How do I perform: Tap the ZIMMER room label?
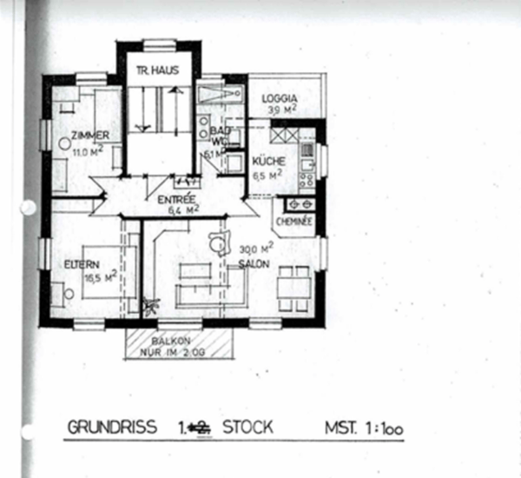(x=90, y=136)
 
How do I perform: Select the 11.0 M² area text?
(x=88, y=151)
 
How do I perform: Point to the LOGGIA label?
(x=283, y=98)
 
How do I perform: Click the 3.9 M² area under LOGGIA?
(x=283, y=111)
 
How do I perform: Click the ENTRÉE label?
(x=178, y=199)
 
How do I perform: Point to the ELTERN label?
(x=79, y=264)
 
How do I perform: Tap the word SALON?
(x=254, y=263)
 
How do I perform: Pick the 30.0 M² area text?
(x=253, y=249)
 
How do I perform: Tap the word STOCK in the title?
(x=247, y=428)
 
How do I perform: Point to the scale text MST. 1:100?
(x=364, y=428)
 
